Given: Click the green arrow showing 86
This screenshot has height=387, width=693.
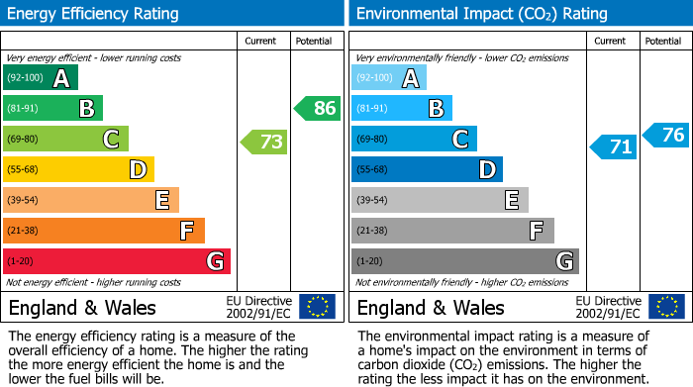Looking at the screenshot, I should (318, 108).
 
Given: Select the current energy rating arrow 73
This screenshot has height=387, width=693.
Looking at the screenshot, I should (264, 142).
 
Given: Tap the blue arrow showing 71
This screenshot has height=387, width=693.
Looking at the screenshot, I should (614, 147).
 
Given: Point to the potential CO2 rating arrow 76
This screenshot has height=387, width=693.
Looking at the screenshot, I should (666, 135).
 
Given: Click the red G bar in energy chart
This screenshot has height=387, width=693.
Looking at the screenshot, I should (117, 261).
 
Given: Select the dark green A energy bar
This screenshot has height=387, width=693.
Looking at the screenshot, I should (41, 78).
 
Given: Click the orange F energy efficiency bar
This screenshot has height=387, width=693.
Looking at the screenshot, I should (104, 231).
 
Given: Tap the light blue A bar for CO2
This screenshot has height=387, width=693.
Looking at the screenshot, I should (389, 78).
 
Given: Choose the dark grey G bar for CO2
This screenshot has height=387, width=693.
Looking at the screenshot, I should (465, 261).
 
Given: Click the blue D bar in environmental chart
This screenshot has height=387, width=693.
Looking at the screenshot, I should (427, 169).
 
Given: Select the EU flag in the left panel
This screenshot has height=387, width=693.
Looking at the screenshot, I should (317, 307).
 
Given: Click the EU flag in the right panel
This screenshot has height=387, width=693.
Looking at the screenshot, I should (665, 307).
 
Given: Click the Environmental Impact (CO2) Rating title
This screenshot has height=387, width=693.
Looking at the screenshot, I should (481, 14).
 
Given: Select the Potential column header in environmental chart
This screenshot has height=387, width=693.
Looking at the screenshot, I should (663, 41).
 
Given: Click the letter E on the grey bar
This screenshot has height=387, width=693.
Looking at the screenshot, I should (511, 200).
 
